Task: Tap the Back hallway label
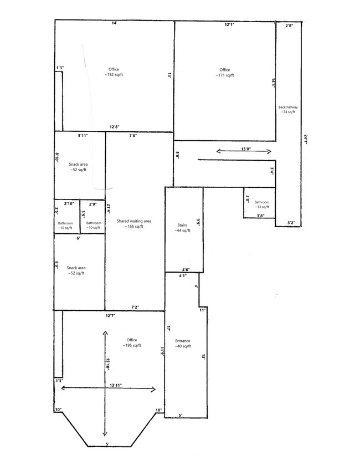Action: point(288,109)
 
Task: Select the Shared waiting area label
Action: point(134,223)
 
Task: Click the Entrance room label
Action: point(183,344)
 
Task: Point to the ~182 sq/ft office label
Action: point(114,72)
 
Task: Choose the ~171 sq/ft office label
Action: point(225,73)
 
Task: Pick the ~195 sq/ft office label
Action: point(132,342)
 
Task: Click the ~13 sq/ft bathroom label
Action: point(261,204)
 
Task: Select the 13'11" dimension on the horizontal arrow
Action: point(116,385)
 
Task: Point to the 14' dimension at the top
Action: point(115,23)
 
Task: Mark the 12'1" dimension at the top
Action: point(229,25)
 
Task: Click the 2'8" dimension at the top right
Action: point(289,25)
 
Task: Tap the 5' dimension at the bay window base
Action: point(107,444)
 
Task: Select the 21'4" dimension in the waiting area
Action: point(109,209)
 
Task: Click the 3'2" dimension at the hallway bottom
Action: point(291,222)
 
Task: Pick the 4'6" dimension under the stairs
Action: point(186,269)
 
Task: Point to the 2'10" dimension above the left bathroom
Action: point(69,203)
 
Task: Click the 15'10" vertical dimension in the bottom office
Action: point(108,364)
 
